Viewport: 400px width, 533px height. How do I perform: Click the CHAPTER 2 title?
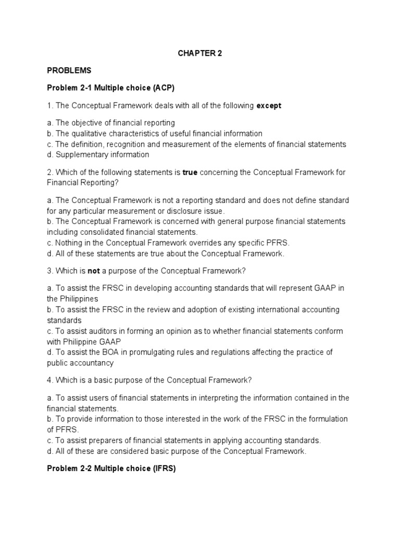200,53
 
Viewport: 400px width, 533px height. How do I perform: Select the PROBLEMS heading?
69,70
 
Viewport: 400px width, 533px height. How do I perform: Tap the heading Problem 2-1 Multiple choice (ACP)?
111,88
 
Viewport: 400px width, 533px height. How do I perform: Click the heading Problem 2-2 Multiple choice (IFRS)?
111,468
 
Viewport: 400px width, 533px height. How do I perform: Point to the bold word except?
269,106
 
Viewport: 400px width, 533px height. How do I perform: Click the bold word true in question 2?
190,172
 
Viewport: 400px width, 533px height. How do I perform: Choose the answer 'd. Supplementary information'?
98,155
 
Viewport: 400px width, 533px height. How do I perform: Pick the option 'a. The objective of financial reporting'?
111,123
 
